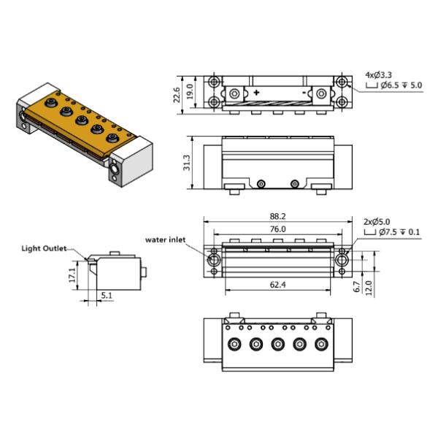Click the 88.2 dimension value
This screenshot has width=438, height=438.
pos(277,216)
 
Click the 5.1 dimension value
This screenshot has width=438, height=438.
pos(106,296)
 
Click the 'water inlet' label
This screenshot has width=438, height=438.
pos(166,238)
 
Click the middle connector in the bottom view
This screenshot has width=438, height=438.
pos(277,344)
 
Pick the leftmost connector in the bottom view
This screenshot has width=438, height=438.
pos(234,344)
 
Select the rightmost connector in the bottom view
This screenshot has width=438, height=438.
pos(320,344)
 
